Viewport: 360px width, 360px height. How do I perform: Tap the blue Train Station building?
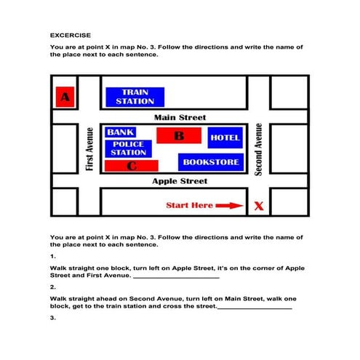pyautogui.click(x=135, y=97)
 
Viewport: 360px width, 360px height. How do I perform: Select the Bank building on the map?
pyautogui.click(x=120, y=132)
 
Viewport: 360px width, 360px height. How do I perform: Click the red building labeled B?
pyautogui.click(x=178, y=135)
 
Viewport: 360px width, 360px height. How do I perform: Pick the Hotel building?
pyautogui.click(x=224, y=137)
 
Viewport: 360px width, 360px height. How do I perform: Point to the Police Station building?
pyautogui.click(x=128, y=149)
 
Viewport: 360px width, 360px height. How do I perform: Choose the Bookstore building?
pyautogui.click(x=210, y=161)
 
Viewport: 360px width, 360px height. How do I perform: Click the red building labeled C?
pyautogui.click(x=132, y=167)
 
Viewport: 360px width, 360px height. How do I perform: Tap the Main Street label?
pyautogui.click(x=180, y=117)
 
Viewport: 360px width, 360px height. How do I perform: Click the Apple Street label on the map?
pyautogui.click(x=180, y=181)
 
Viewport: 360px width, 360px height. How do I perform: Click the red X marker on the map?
pyautogui.click(x=258, y=207)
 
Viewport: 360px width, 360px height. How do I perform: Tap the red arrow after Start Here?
pyautogui.click(x=230, y=206)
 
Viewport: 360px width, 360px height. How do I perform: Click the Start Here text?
pyautogui.click(x=189, y=205)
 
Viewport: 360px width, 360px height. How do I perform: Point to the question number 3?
pyautogui.click(x=53, y=318)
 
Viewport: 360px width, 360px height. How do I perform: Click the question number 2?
pyautogui.click(x=53, y=287)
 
